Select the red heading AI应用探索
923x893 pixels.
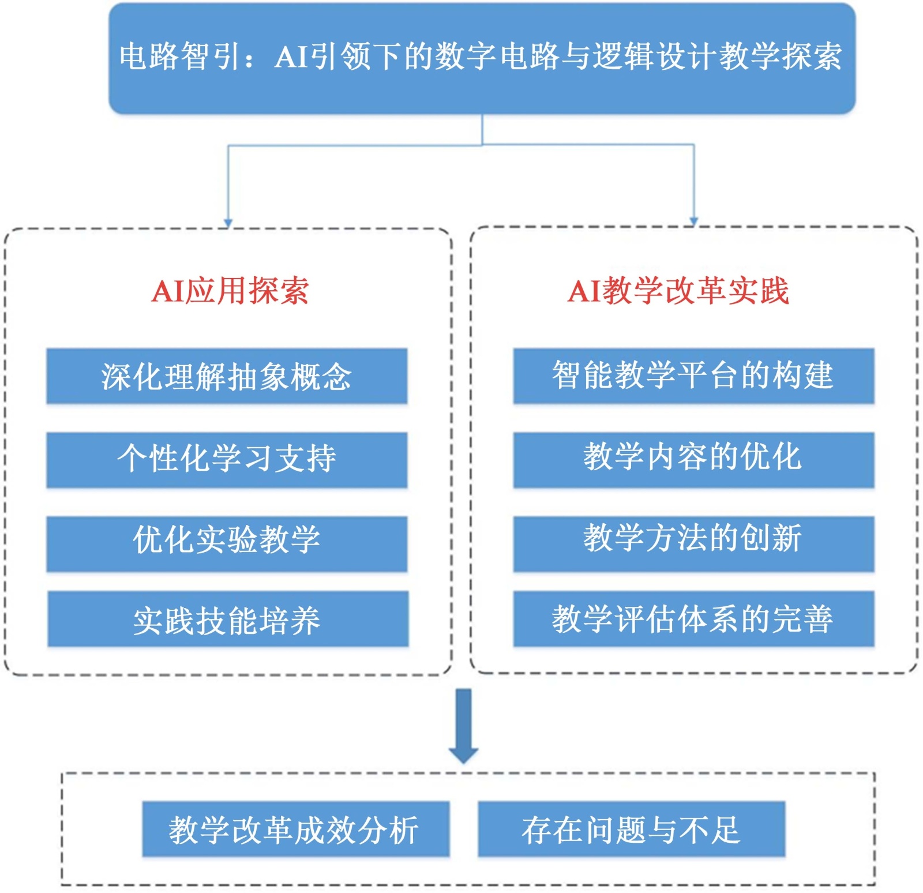coord(230,290)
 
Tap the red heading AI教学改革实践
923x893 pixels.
coord(678,290)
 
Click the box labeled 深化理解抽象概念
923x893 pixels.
coord(227,376)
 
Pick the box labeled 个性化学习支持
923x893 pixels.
coord(227,459)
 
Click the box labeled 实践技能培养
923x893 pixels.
coord(228,618)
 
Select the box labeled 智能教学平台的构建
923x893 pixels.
coord(693,376)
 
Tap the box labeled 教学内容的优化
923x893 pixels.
coord(693,459)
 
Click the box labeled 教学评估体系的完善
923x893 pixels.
coord(693,618)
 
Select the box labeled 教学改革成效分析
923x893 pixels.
coord(295,828)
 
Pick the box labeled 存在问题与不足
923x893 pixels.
coord(631,828)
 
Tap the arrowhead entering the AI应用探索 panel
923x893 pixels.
coord(228,223)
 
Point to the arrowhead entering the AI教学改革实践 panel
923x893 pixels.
coord(694,221)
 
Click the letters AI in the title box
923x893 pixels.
coord(291,57)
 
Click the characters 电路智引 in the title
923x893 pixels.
coord(179,57)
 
